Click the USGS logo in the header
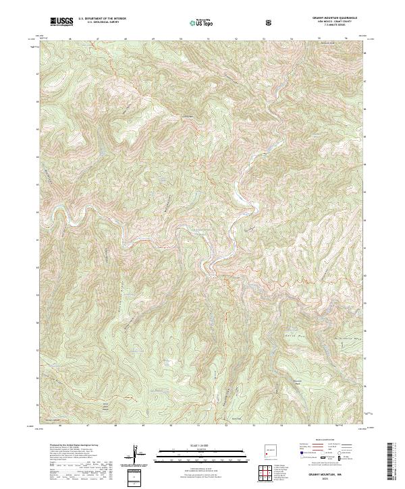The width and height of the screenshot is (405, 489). pos(61,22)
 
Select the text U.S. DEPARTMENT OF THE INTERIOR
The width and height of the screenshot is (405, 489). pos(102,20)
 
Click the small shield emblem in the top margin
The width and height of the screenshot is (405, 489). pos(269,22)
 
